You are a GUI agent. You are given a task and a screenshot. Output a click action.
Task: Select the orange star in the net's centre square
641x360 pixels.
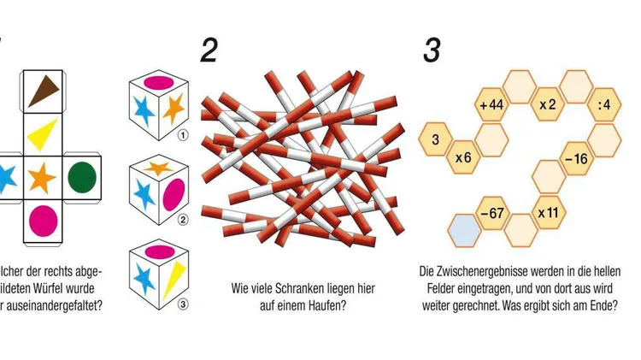pos(42,178)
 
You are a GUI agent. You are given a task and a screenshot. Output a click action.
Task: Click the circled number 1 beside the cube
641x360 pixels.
pos(182,134)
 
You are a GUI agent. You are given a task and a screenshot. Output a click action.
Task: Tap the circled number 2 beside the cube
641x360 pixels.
pos(182,219)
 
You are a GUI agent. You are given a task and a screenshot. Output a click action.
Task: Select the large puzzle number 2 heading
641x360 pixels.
pos(209,50)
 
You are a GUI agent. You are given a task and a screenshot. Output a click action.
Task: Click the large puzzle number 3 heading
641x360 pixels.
pos(432,50)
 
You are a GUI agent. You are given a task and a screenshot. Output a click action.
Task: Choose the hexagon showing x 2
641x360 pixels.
pos(548,105)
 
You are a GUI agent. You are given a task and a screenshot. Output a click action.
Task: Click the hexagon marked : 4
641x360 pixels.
pos(604,105)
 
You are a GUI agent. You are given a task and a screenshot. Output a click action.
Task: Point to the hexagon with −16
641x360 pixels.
pos(576,159)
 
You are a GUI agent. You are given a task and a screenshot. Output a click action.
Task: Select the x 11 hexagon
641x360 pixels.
pos(548,211)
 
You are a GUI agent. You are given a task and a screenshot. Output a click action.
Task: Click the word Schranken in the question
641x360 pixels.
pos(303,288)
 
